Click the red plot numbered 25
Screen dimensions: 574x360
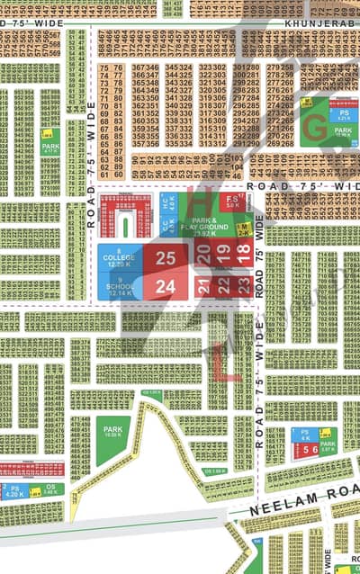[166, 257]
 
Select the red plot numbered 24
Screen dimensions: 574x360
[166, 287]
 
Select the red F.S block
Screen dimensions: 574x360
[232, 202]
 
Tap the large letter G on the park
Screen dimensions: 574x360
[314, 129]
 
